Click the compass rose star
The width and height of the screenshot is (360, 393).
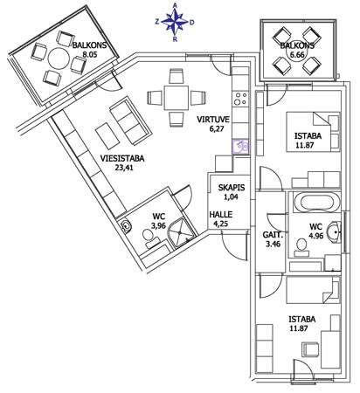175,20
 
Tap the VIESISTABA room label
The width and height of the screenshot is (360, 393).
122,159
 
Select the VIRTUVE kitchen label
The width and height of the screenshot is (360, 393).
213,120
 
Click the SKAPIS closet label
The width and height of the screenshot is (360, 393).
232,188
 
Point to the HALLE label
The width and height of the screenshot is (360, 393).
221,215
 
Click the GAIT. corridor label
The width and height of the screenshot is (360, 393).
272,235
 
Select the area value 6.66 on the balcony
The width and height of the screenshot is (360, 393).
295,55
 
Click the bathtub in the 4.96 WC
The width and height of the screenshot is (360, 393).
317,203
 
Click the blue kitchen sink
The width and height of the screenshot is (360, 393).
241,147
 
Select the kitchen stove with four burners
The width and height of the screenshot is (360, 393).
241,99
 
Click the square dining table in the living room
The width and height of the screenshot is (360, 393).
176,98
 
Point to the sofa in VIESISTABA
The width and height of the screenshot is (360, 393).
131,121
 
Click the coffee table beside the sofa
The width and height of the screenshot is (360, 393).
108,136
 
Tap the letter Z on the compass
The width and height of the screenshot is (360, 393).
157,22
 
